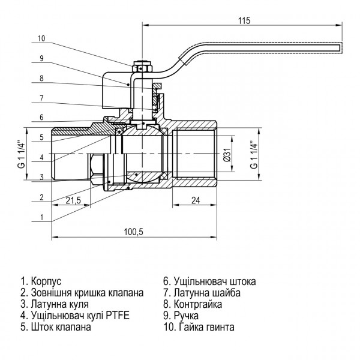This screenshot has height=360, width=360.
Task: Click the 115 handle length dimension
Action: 243,20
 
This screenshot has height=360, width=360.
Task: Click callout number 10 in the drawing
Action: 41,38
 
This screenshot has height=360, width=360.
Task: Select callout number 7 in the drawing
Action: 41,98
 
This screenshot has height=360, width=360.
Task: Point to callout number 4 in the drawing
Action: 41,157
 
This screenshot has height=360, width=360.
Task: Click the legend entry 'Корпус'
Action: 41,281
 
